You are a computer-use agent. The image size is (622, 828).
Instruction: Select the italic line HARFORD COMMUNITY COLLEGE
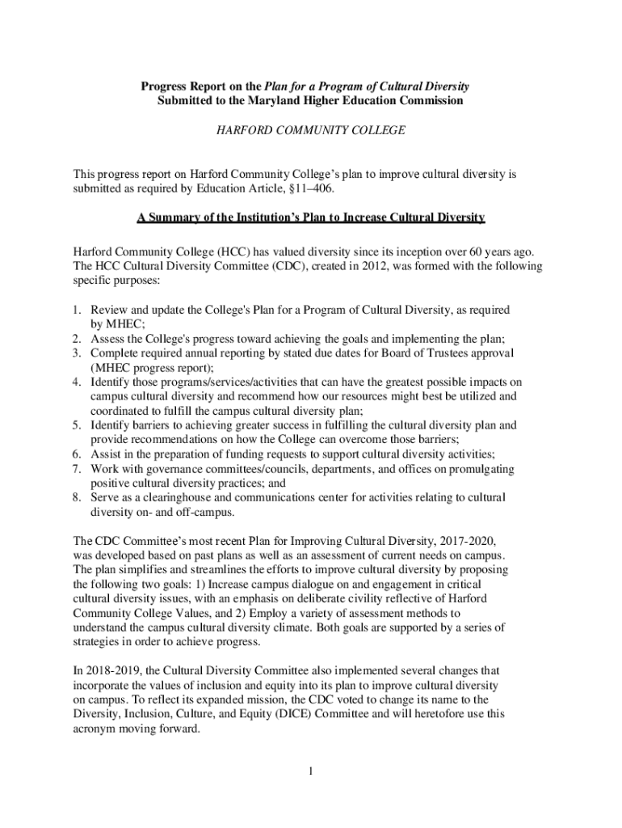point(310,130)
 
